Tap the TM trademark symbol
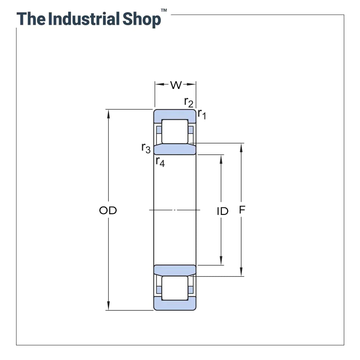pyautogui.click(x=164, y=11)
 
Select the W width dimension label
pyautogui.click(x=176, y=85)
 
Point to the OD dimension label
pyautogui.click(x=108, y=211)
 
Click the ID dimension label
pyautogui.click(x=222, y=211)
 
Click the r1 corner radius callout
pyautogui.click(x=202, y=114)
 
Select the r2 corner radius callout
pyautogui.click(x=189, y=102)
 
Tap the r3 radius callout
pyautogui.click(x=146, y=148)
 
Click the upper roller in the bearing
pyautogui.click(x=175, y=131)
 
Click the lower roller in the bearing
pyautogui.click(x=175, y=288)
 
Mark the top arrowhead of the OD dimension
pyautogui.click(x=108, y=112)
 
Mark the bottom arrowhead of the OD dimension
pyautogui.click(x=108, y=307)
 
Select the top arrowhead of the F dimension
pyautogui.click(x=242, y=147)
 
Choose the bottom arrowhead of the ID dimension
pyautogui.click(x=221, y=262)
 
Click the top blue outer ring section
pyautogui.click(x=175, y=114)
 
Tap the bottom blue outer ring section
pyautogui.click(x=175, y=305)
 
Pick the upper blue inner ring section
pyautogui.click(x=175, y=149)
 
